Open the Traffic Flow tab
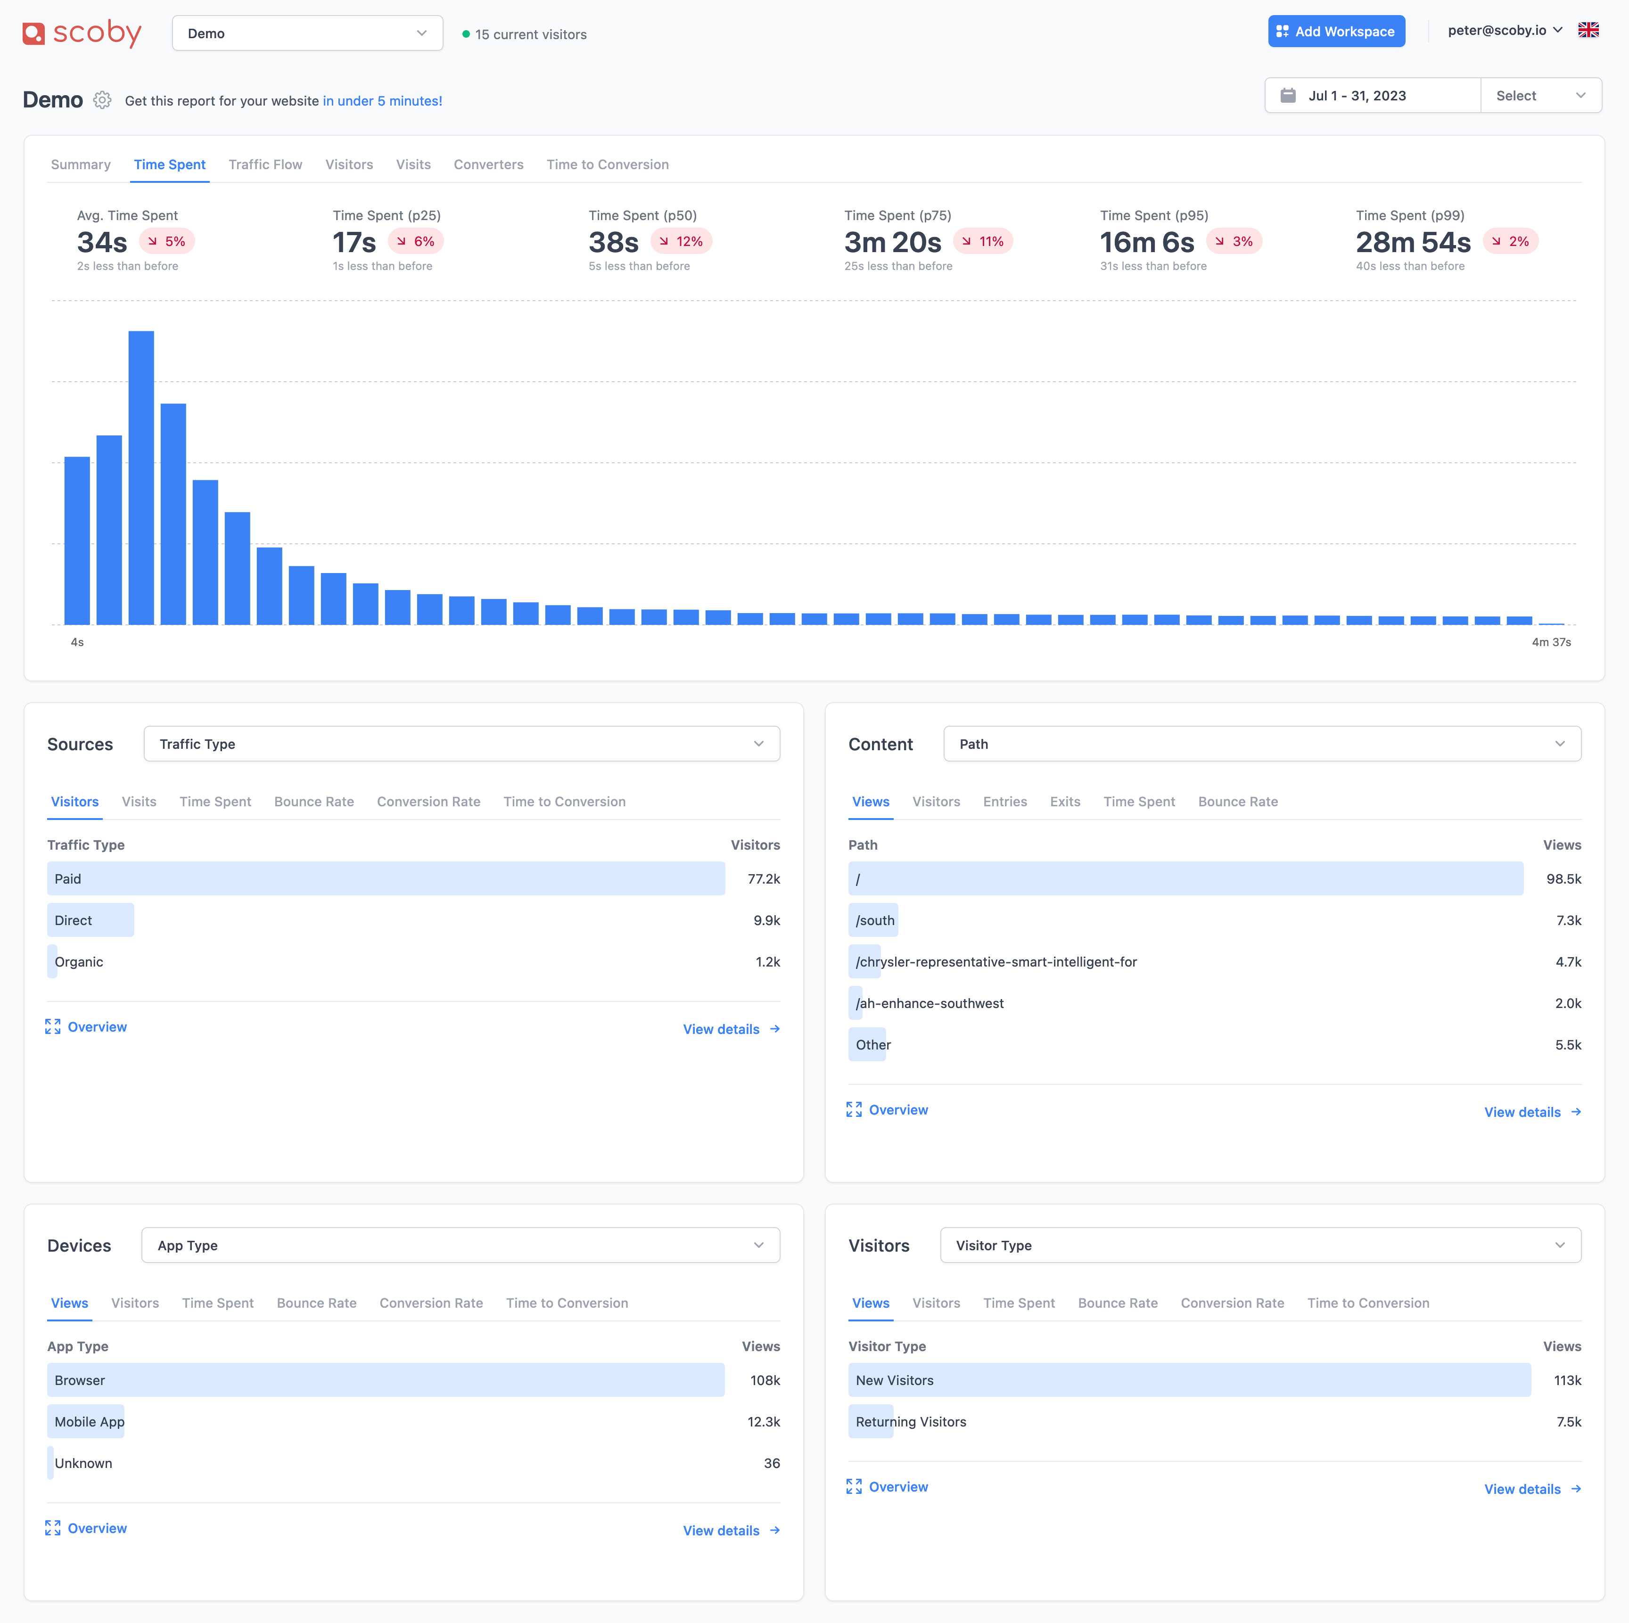pos(265,164)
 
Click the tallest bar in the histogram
pos(141,477)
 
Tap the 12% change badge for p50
pos(681,241)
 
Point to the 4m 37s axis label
pos(1551,642)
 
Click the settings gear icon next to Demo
pos(102,100)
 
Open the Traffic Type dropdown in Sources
pos(461,744)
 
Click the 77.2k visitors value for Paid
pos(764,878)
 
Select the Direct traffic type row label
pos(74,920)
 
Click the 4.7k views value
pos(1568,961)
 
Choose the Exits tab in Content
pos(1065,802)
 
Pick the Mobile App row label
pos(90,1421)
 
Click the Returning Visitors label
pos(911,1421)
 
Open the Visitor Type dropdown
pos(1260,1245)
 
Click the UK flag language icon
pos(1588,30)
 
